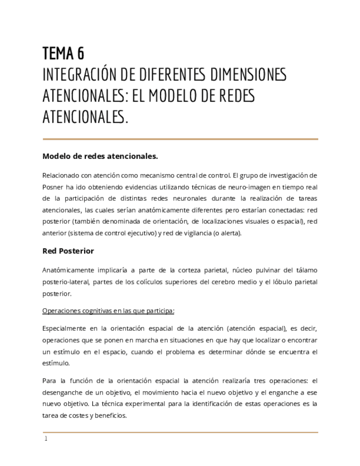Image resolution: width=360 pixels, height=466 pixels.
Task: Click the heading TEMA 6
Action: [63, 54]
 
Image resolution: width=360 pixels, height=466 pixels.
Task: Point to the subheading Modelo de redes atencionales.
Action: [100, 157]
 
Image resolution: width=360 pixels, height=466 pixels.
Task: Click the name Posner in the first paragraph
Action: [54, 187]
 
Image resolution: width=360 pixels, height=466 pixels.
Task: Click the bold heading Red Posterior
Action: [68, 251]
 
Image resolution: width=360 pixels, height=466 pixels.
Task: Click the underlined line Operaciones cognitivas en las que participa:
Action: [108, 311]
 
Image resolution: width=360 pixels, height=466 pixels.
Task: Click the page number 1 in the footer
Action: [46, 439]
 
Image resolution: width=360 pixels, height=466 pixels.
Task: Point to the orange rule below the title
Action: [180, 139]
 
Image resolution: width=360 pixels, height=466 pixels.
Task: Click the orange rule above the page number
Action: [180, 432]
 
